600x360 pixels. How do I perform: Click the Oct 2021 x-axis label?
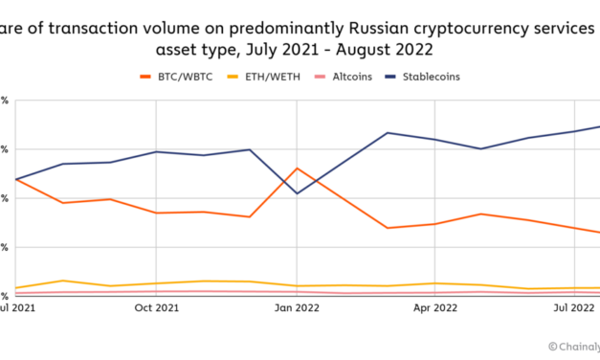coord(156,307)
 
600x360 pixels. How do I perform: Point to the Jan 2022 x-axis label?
coord(297,307)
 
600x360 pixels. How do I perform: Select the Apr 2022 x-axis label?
coord(434,307)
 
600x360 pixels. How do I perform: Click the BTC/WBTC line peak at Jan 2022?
coord(297,169)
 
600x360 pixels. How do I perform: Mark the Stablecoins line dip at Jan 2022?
coord(297,193)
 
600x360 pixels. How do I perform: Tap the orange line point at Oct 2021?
coord(156,213)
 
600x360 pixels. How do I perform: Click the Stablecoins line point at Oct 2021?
coord(156,151)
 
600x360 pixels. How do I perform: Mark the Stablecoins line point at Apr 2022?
coord(434,140)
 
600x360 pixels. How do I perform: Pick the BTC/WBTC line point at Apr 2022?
coord(434,224)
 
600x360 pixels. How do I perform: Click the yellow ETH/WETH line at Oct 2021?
coord(156,283)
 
